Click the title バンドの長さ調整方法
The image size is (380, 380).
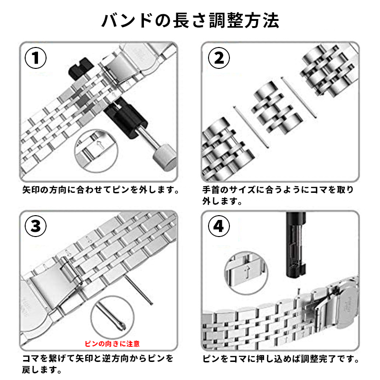[190, 20]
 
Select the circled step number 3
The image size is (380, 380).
[36, 226]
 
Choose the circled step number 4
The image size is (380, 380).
[219, 226]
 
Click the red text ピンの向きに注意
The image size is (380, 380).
[112, 342]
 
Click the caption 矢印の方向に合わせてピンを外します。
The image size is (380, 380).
[101, 190]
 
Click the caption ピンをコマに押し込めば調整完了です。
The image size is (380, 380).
[281, 359]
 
